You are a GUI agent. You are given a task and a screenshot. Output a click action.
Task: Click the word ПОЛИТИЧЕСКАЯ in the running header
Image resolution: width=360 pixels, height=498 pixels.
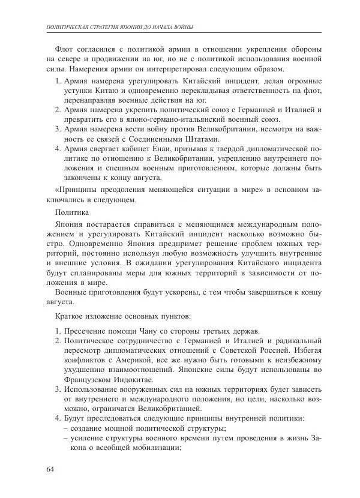tap(70, 27)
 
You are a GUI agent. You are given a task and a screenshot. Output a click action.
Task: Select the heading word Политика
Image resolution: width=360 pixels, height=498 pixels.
tap(72, 212)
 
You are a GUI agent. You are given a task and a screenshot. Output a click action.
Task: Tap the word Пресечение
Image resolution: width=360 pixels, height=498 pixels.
tap(83, 331)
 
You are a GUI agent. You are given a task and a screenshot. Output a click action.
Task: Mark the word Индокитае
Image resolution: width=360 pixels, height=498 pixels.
tap(129, 380)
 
